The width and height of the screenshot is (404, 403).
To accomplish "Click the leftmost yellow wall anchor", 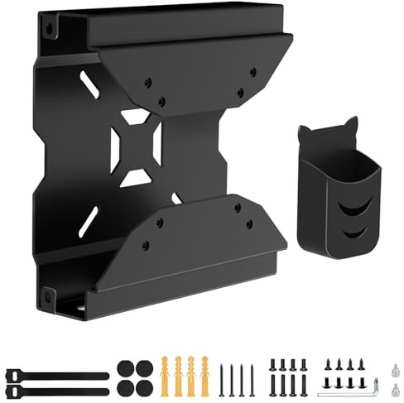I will (169, 374).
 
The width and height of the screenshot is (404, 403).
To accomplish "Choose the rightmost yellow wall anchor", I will (204, 374).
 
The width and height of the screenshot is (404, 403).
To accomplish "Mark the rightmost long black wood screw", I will (252, 377).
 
